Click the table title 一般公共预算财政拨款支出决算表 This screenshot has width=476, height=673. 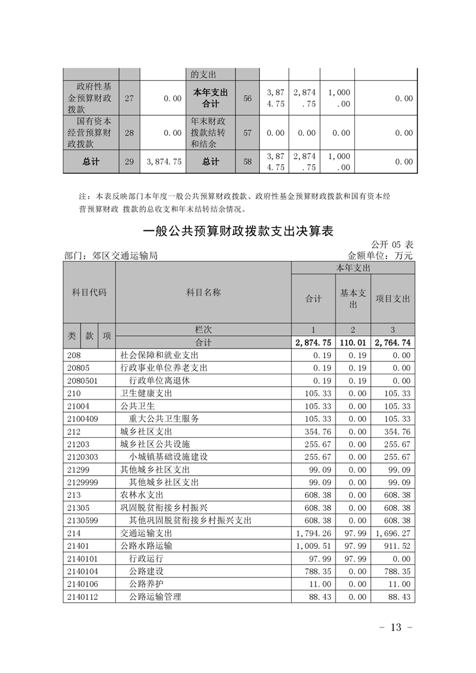click(x=238, y=231)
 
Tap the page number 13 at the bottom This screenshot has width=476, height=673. click(x=395, y=627)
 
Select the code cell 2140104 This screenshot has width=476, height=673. click(x=83, y=571)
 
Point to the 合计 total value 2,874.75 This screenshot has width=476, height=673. click(x=313, y=342)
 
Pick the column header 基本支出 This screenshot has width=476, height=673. click(x=352, y=299)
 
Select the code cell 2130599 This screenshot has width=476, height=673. click(x=83, y=521)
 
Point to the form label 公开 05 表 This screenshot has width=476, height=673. click(x=392, y=245)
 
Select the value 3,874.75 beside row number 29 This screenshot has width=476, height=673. click(x=164, y=162)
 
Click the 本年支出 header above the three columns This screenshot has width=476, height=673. click(x=352, y=268)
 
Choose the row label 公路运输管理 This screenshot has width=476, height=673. click(x=155, y=596)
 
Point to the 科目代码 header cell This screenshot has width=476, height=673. click(x=89, y=293)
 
